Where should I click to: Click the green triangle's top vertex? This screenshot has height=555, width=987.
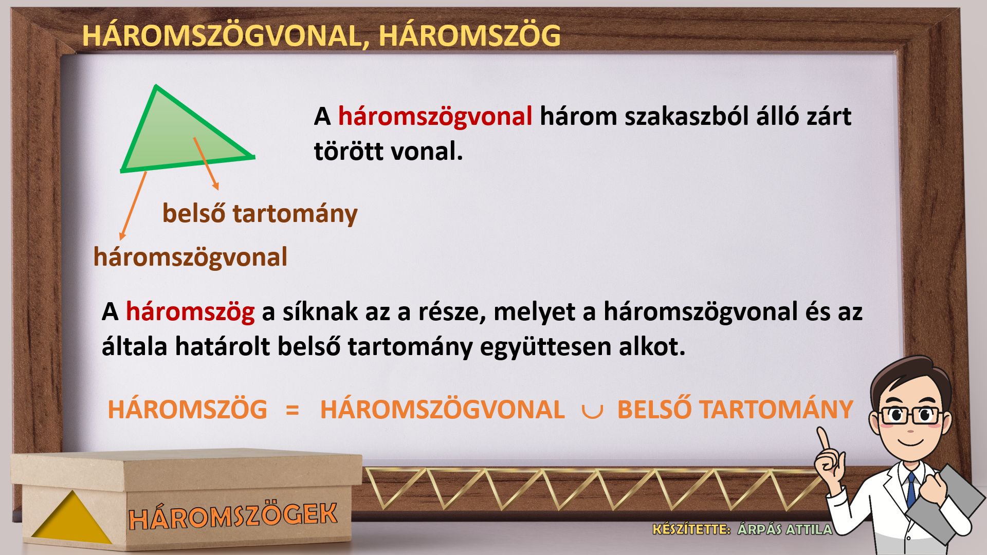[x=155, y=86]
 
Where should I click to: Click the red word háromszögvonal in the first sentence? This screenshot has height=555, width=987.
[x=435, y=117]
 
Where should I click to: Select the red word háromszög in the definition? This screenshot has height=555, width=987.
[x=190, y=312]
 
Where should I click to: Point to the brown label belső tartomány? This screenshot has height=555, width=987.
[x=260, y=213]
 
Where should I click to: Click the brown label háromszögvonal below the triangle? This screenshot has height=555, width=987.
[x=190, y=257]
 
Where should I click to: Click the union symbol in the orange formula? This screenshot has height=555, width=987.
[x=591, y=412]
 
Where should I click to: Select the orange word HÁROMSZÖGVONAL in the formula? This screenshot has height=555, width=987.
[x=443, y=410]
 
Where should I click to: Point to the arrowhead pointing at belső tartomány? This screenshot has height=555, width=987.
[x=216, y=186]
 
